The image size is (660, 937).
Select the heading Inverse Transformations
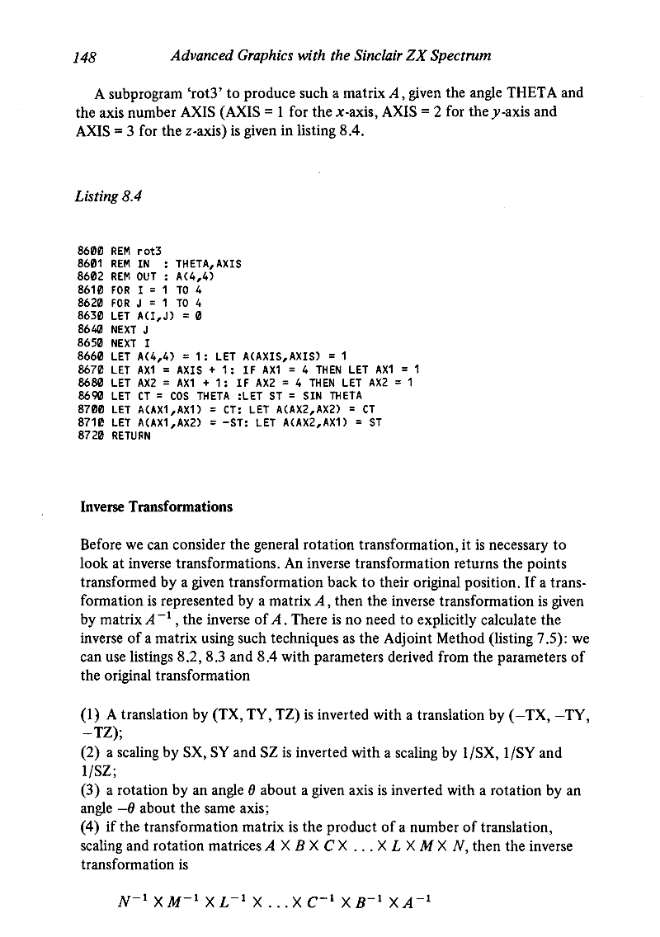(x=156, y=506)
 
